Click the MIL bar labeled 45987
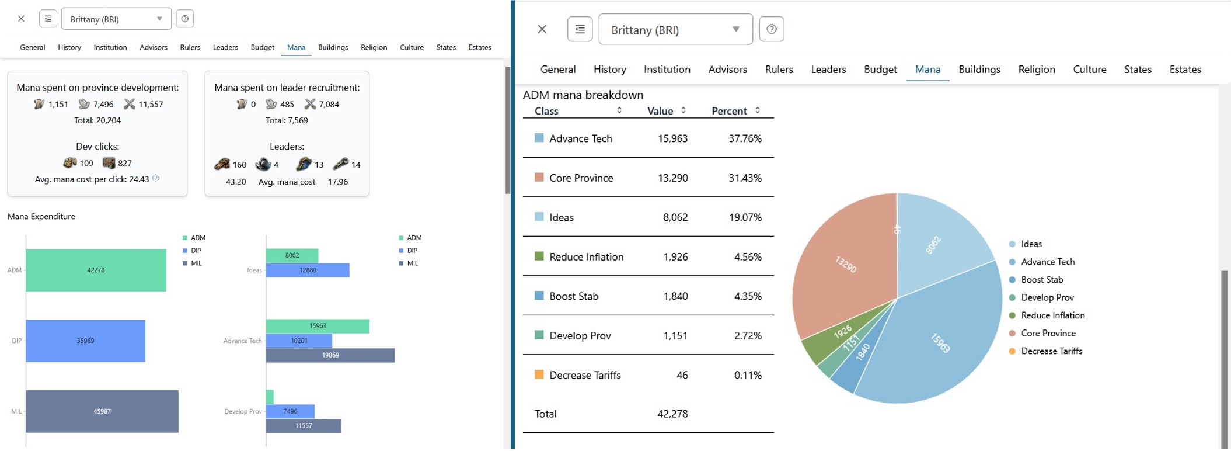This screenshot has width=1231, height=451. (x=102, y=411)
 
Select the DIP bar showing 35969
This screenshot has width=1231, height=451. (x=86, y=341)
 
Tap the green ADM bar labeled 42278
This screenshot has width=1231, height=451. (x=96, y=270)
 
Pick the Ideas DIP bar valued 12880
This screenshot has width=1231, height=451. (x=308, y=270)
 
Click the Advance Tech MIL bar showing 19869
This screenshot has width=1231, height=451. (x=330, y=355)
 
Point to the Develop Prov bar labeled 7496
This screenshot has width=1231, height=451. (x=290, y=411)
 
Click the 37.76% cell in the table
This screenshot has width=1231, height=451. (x=745, y=138)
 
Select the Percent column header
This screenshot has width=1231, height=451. (x=730, y=111)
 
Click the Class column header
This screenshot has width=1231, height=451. (x=546, y=111)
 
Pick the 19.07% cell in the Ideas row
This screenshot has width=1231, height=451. (x=745, y=217)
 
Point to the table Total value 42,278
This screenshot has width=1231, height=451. (x=672, y=414)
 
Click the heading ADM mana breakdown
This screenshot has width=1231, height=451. (x=583, y=95)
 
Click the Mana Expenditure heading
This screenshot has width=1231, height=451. (x=41, y=216)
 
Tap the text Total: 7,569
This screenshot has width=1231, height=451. (x=287, y=120)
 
